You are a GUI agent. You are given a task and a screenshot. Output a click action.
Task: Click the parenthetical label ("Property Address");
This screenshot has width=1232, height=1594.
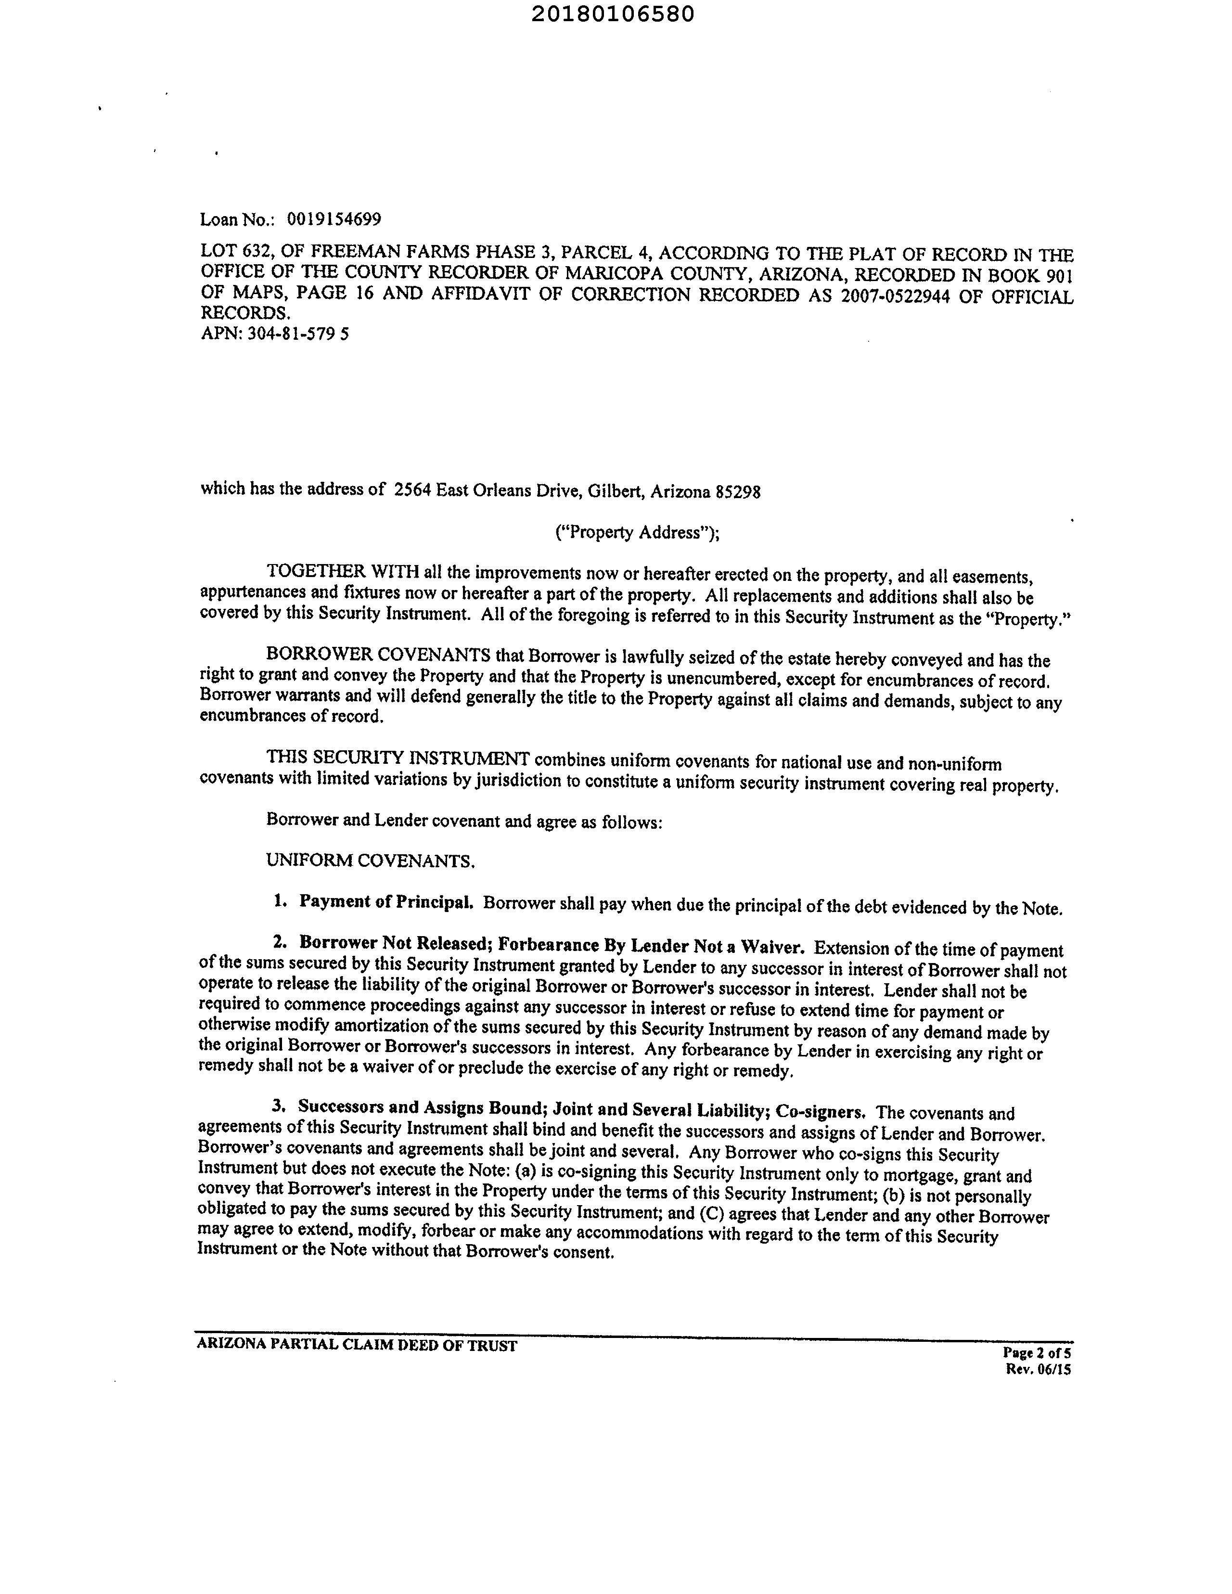pos(637,532)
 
